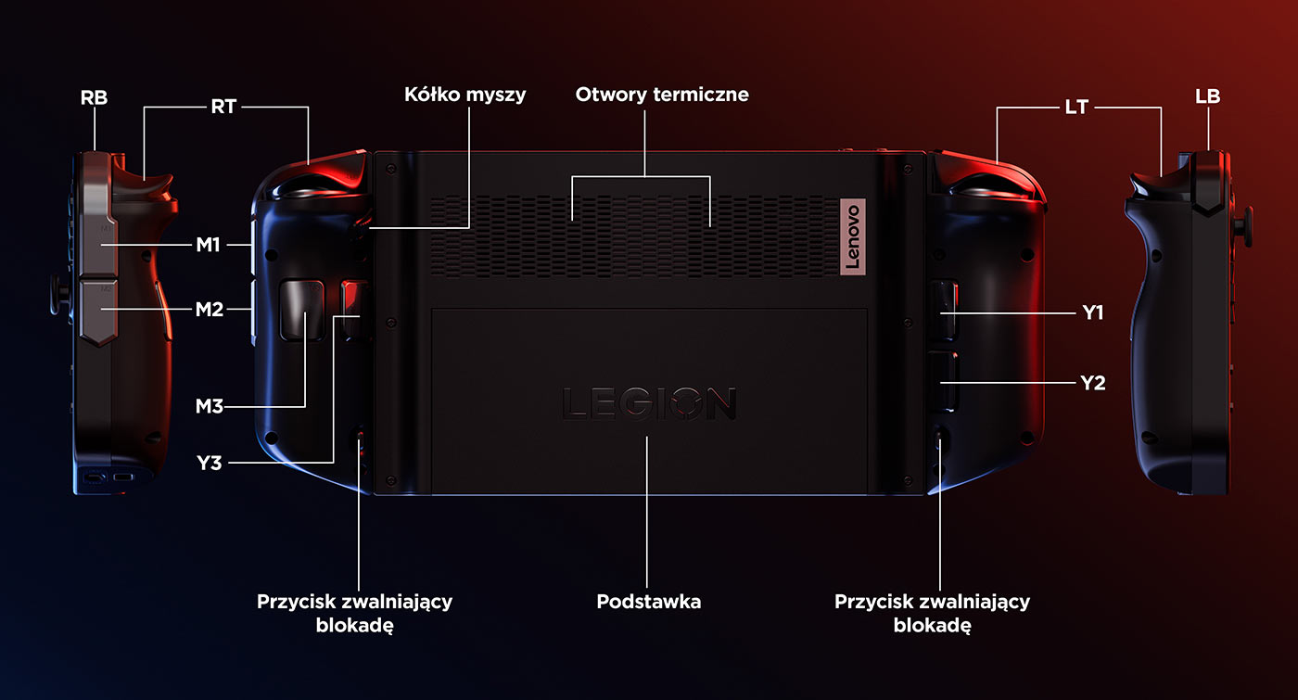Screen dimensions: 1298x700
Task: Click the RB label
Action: [94, 97]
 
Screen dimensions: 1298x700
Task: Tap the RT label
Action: [223, 107]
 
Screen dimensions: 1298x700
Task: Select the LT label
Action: [1076, 108]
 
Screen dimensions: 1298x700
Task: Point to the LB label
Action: [1207, 96]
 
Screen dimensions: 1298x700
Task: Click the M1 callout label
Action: [208, 245]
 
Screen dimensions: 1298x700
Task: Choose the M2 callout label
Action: [210, 310]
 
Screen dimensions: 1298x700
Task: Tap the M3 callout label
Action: [210, 406]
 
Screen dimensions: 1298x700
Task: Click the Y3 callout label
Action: [210, 463]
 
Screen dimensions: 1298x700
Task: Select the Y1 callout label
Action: [1093, 313]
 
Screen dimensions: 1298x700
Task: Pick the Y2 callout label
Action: [1093, 383]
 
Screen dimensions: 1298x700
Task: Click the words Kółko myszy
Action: [464, 95]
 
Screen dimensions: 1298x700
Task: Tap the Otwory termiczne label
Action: [662, 95]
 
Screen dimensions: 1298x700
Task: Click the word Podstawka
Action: [648, 602]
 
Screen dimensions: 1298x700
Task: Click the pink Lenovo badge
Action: [852, 236]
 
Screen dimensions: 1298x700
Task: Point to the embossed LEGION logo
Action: [649, 403]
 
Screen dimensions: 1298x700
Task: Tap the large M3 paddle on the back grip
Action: [302, 310]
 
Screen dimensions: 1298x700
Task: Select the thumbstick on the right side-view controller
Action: [1243, 226]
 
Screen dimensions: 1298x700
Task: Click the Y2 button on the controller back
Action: [943, 381]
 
